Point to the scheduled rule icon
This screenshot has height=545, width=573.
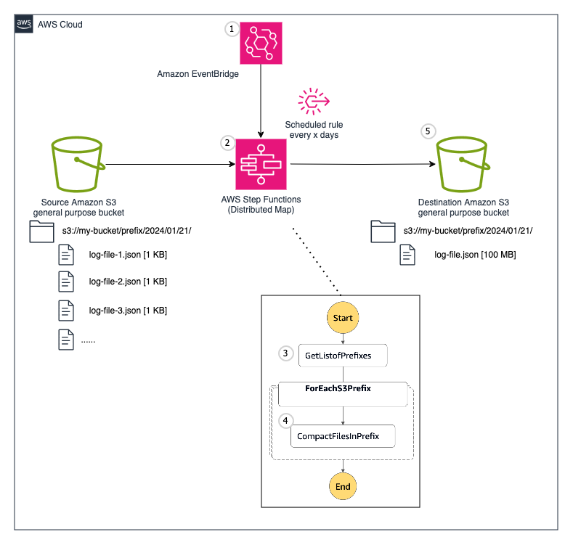click(313, 102)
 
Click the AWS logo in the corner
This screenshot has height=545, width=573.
click(24, 24)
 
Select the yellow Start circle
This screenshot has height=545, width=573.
click(342, 317)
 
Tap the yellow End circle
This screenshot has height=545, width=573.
click(342, 485)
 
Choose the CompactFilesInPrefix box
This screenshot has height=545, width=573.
click(342, 437)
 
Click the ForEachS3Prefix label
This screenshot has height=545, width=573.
click(338, 389)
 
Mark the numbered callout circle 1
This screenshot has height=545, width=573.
click(232, 29)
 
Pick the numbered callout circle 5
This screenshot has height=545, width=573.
click(428, 131)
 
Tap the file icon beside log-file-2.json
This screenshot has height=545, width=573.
click(66, 282)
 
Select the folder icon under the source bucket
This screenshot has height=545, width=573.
click(41, 231)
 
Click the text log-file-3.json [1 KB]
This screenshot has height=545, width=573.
click(128, 310)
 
